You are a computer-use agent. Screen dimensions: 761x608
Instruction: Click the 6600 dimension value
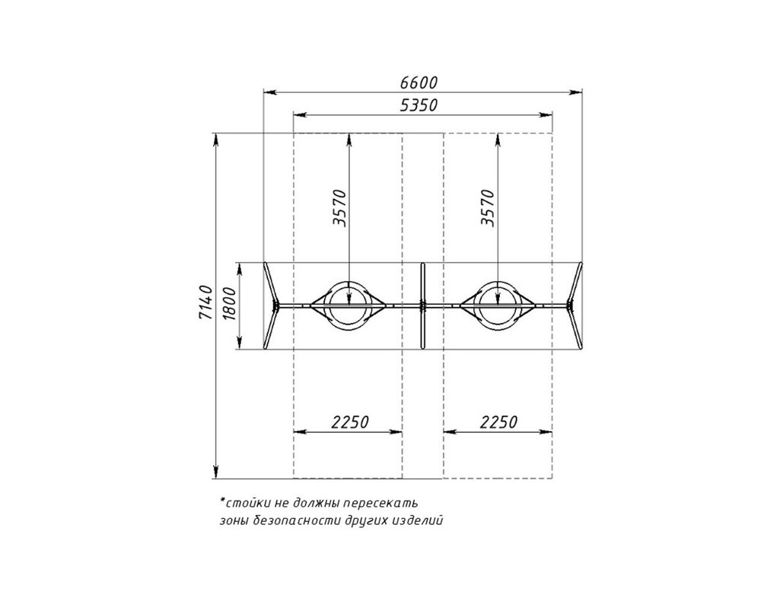(x=419, y=82)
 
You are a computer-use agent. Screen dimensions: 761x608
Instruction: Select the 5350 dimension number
(x=419, y=105)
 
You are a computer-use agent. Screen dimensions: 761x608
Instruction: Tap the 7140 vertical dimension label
(x=205, y=302)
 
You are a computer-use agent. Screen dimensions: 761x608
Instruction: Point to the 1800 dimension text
(x=230, y=304)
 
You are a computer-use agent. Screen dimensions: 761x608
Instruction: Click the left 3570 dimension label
(x=340, y=208)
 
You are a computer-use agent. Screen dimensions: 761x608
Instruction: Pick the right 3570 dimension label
(x=488, y=208)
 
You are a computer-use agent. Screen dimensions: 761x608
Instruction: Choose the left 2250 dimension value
(x=350, y=421)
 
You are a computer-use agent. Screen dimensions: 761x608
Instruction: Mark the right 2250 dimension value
(x=499, y=421)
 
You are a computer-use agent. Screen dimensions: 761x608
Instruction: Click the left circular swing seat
(x=349, y=281)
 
